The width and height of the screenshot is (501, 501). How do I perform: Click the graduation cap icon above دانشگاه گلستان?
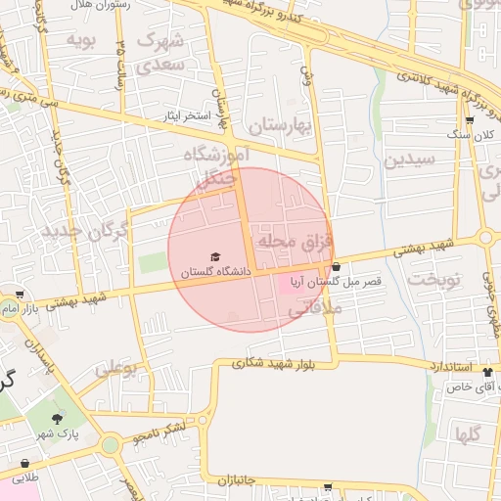coord(215,256)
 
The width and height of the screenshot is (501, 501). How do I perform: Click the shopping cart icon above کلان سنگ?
coord(470,121)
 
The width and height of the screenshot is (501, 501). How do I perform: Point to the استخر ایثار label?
coord(189,116)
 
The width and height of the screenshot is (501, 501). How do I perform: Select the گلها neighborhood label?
coord(467,435)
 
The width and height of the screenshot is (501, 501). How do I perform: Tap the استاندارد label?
coord(450,366)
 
